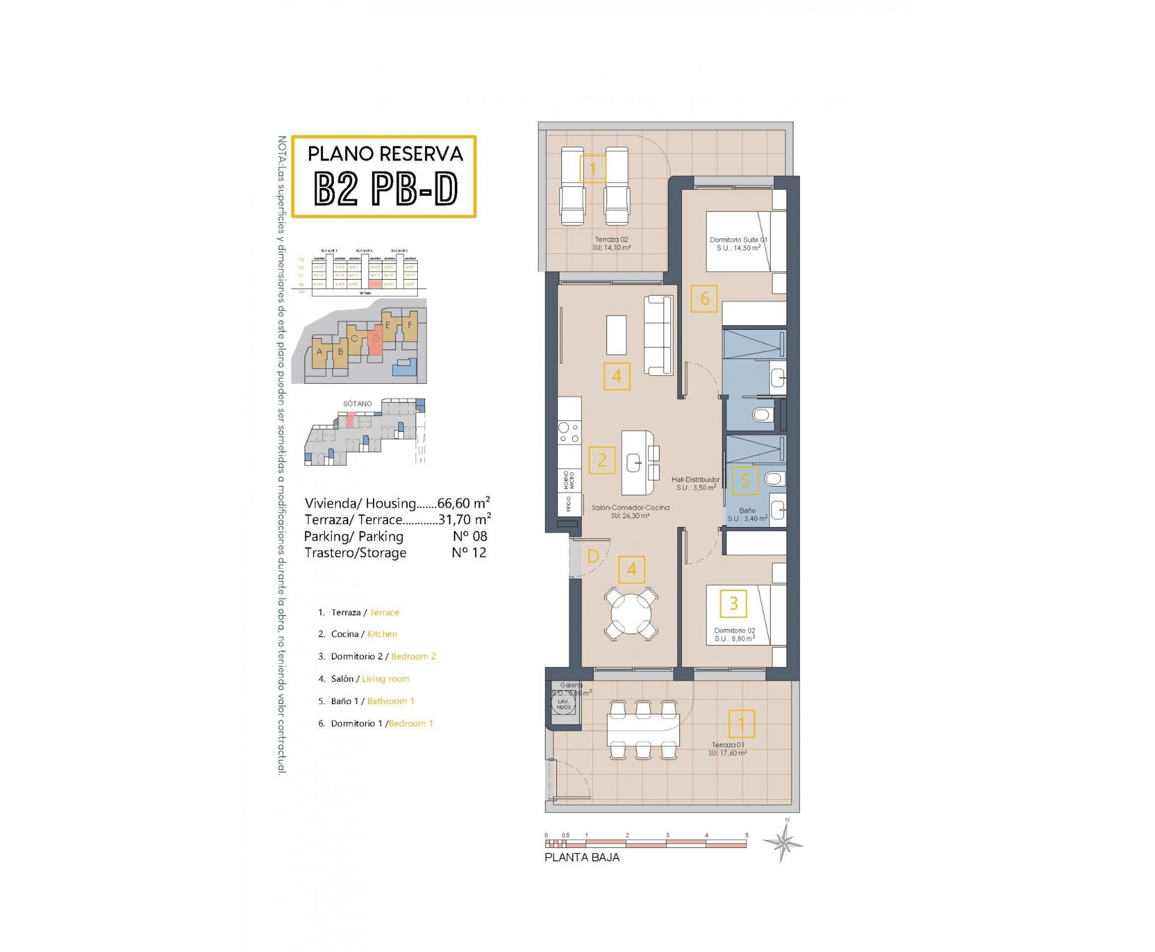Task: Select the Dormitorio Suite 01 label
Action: pos(738,244)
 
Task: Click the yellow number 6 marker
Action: pos(704,298)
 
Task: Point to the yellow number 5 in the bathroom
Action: pos(744,481)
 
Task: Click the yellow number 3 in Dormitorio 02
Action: pos(733,603)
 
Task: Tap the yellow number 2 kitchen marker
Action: pos(602,459)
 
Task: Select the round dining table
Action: pos(631,613)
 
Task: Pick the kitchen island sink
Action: pos(636,463)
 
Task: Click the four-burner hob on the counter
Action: pos(568,432)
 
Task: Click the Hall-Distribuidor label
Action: pos(695,483)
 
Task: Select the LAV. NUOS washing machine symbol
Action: pos(564,704)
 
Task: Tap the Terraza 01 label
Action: pos(727,749)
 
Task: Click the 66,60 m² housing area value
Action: pos(463,503)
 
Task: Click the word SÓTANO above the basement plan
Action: pos(357,404)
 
